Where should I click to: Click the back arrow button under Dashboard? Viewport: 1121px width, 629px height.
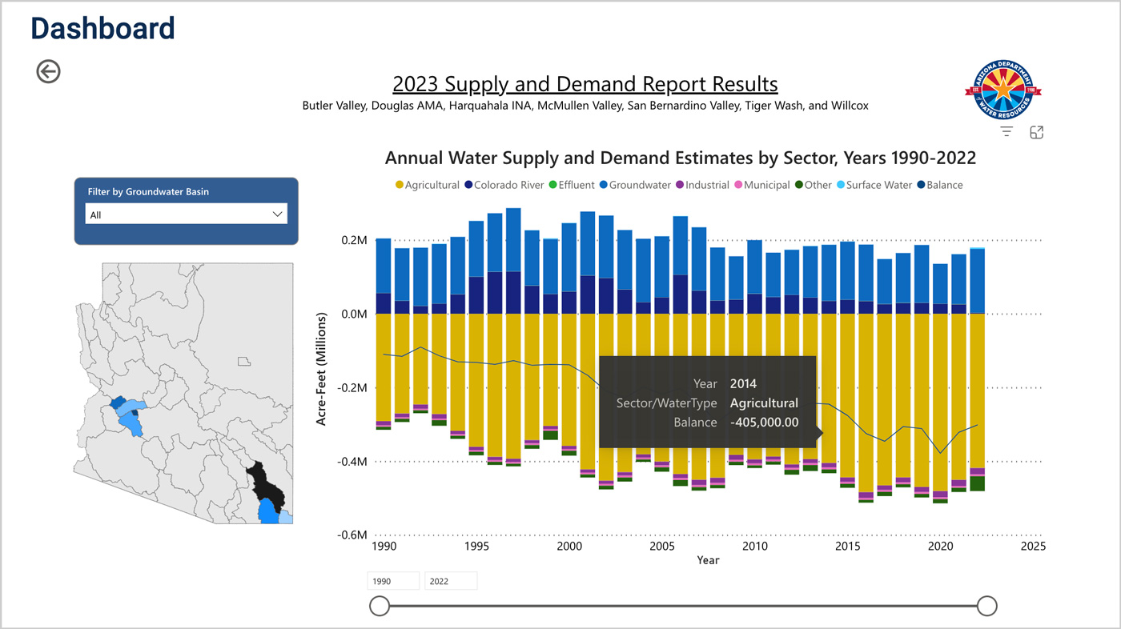[48, 71]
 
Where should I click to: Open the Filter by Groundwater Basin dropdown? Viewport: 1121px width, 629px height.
[186, 214]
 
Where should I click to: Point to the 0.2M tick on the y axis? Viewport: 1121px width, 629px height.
[354, 240]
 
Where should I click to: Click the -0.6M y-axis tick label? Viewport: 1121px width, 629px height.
[352, 535]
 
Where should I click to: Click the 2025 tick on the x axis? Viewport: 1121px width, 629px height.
[1032, 547]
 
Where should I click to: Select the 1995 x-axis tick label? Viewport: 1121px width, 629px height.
[476, 547]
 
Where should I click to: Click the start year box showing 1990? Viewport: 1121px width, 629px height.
[393, 581]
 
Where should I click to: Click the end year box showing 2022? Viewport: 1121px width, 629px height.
[451, 581]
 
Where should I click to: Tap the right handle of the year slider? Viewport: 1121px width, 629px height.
[986, 606]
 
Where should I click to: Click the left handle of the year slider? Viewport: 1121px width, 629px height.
[380, 606]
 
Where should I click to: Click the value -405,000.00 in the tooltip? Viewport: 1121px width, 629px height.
[764, 422]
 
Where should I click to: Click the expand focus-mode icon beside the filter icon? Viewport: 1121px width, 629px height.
[1036, 133]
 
